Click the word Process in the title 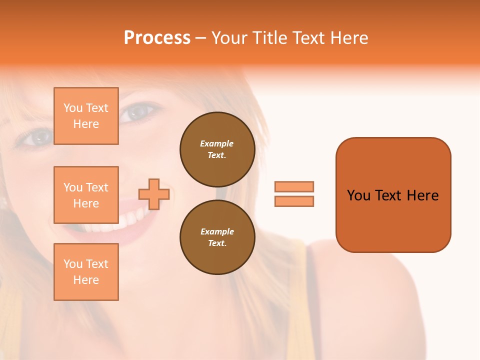pyautogui.click(x=157, y=38)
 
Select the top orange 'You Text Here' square pyautogui.click(x=86, y=116)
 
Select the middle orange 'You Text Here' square pyautogui.click(x=86, y=195)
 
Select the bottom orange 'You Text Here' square pyautogui.click(x=86, y=272)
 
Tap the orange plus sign pyautogui.click(x=154, y=194)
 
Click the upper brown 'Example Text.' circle pyautogui.click(x=217, y=149)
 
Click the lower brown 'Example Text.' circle pyautogui.click(x=217, y=237)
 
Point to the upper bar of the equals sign pyautogui.click(x=294, y=186)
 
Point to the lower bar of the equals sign pyautogui.click(x=294, y=201)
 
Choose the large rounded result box pyautogui.click(x=393, y=195)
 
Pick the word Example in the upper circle pyautogui.click(x=217, y=143)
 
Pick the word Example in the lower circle pyautogui.click(x=217, y=231)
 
